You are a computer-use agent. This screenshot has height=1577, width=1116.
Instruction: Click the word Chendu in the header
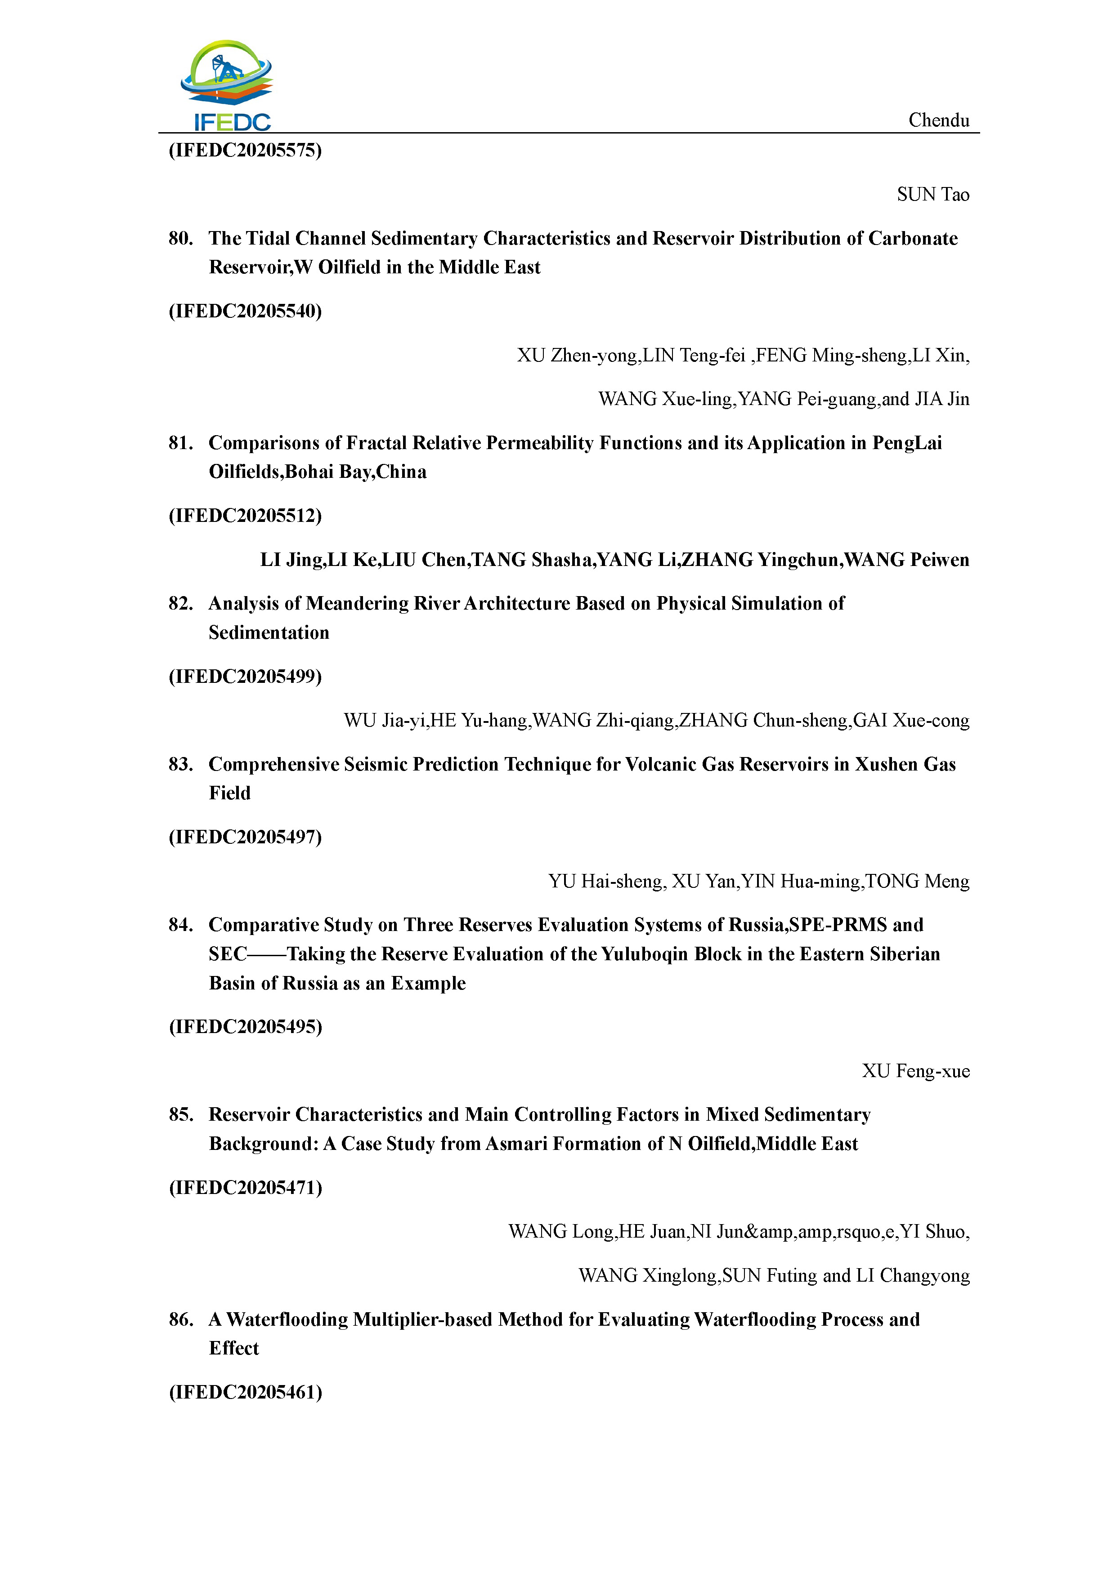pyautogui.click(x=939, y=120)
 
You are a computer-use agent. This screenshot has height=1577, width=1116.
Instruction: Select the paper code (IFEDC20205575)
pyautogui.click(x=245, y=151)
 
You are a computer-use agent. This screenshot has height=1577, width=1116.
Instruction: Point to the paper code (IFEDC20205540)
pyautogui.click(x=245, y=311)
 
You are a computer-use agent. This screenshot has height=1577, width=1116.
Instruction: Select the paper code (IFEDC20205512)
pyautogui.click(x=245, y=516)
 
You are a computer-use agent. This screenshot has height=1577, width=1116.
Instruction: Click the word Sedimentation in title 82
pyautogui.click(x=269, y=633)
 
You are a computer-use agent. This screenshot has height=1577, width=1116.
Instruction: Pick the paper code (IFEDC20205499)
pyautogui.click(x=245, y=677)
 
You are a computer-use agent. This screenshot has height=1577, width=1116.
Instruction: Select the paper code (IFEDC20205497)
pyautogui.click(x=245, y=837)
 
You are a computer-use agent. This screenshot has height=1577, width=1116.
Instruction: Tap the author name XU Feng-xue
pyautogui.click(x=916, y=1071)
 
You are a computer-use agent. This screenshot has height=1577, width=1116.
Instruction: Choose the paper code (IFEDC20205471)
pyautogui.click(x=245, y=1188)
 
